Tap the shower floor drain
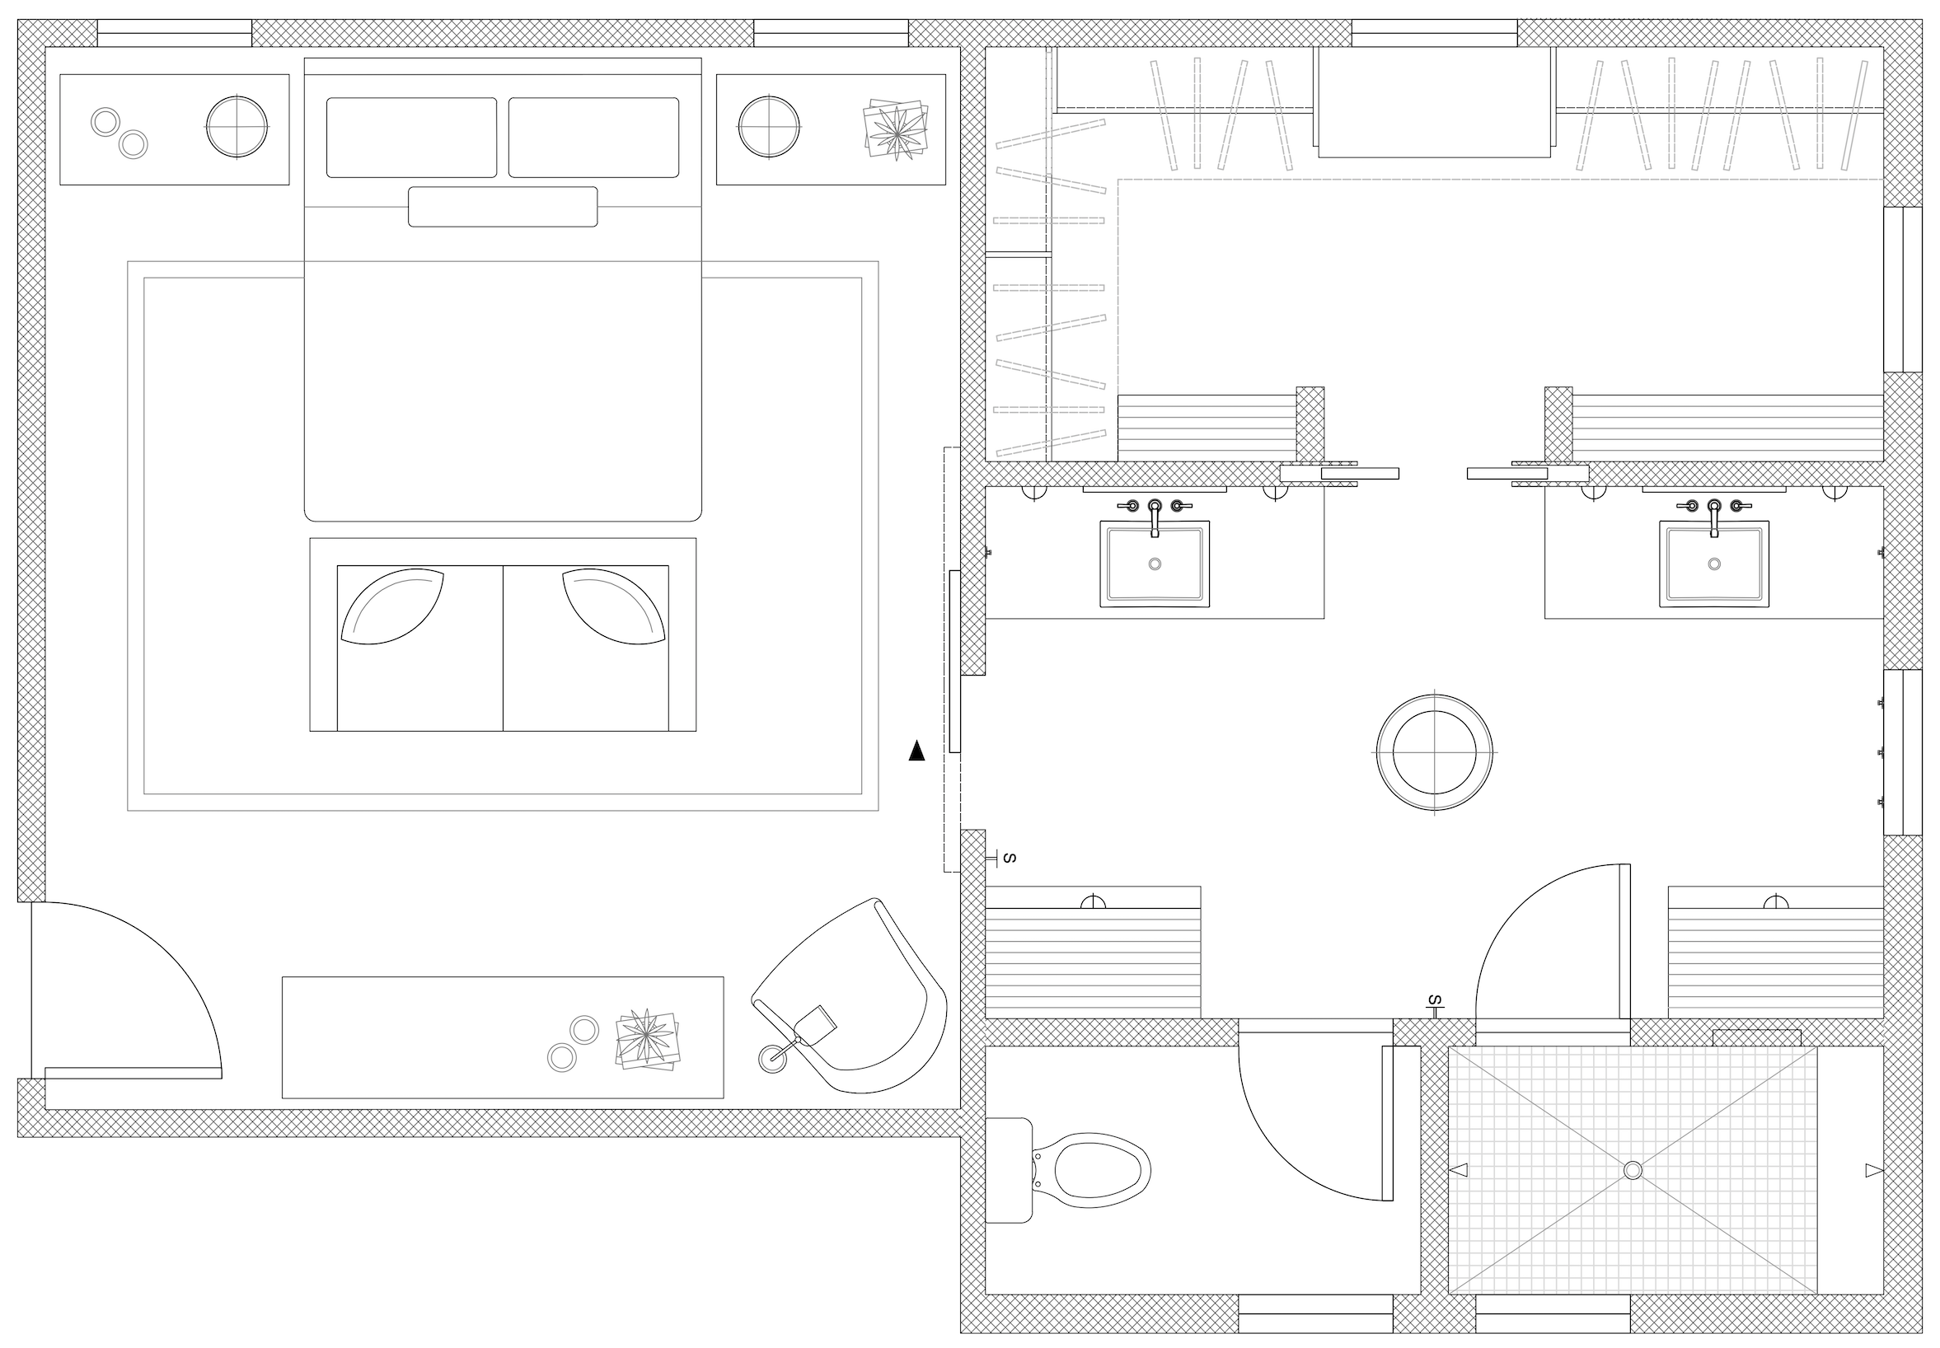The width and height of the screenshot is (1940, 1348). tap(1633, 1170)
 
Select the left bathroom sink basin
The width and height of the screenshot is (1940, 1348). tap(1155, 564)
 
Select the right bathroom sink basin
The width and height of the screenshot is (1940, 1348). tap(1713, 564)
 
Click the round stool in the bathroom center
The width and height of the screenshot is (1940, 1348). tap(1434, 751)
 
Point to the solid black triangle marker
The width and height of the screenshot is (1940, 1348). tap(916, 751)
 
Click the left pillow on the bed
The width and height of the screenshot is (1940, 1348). tap(411, 138)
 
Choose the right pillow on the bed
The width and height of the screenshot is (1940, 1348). tap(593, 138)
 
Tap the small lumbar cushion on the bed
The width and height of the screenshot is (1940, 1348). tap(503, 207)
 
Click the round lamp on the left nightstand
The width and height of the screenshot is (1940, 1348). tap(237, 127)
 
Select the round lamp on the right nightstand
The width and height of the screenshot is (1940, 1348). tap(769, 127)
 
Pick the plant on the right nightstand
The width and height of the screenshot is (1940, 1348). tap(896, 129)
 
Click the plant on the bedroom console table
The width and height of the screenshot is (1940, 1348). tap(647, 1039)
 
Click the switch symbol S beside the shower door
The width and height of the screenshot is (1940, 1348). tap(1434, 1003)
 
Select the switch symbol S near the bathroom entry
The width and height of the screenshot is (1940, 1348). tap(1007, 858)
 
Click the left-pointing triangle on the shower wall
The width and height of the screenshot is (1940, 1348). tap(1459, 1170)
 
